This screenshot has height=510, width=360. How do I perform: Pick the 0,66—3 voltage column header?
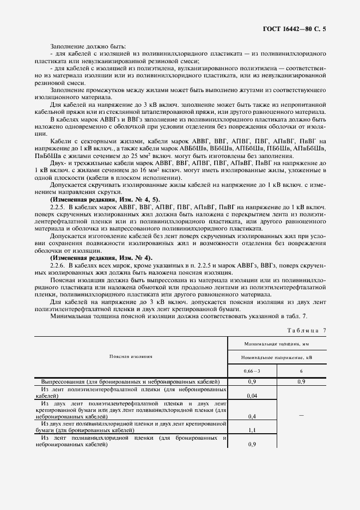252,372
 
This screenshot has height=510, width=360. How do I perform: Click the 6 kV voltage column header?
301,372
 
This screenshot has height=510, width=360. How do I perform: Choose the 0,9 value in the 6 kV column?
301,381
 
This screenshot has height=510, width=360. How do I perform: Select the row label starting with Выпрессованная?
130,381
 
